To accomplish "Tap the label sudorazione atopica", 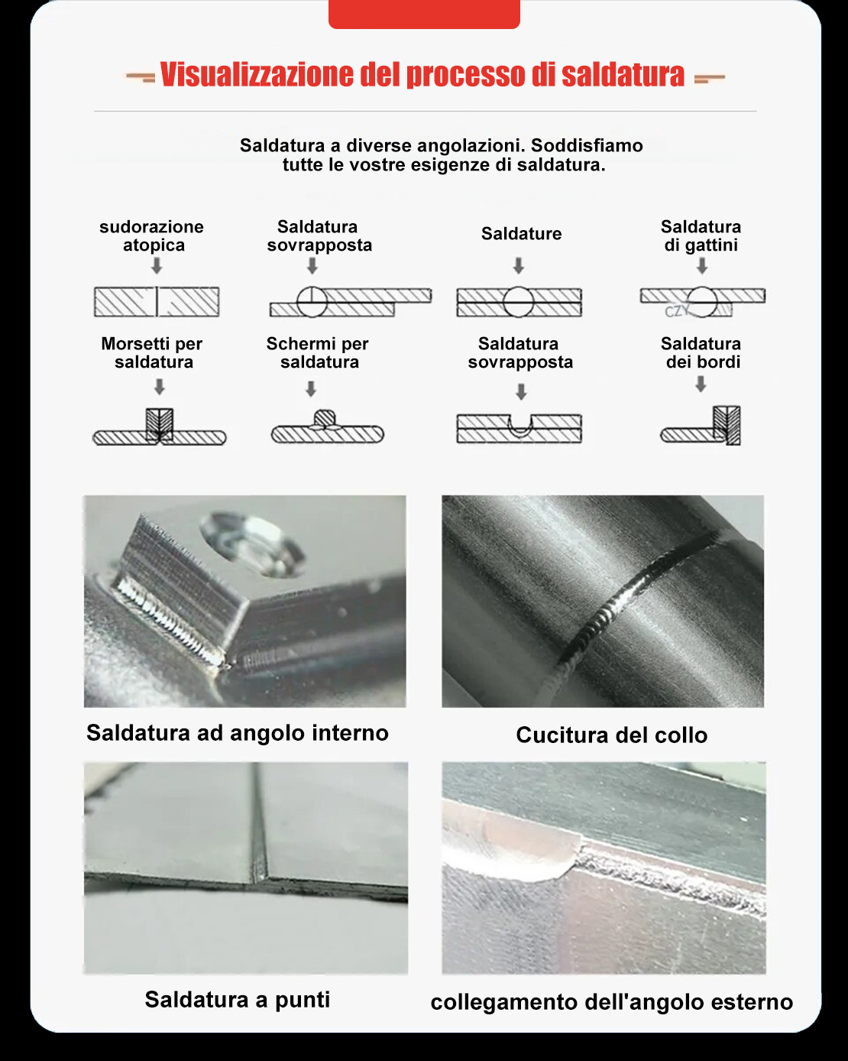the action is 152,235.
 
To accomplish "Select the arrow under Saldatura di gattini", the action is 702,266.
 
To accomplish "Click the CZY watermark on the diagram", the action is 676,312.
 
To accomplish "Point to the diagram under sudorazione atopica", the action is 157,301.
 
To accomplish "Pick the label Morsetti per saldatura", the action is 152,352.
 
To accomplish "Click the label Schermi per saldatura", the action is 318,352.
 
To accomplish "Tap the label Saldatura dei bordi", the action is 701,352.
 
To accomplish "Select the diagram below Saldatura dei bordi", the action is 701,426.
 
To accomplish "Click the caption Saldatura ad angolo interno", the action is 238,733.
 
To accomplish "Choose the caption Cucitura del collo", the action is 611,735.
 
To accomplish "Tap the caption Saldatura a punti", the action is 238,1000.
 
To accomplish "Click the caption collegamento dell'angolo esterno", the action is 611,1002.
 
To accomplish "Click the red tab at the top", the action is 424,15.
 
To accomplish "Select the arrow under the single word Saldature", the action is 519,266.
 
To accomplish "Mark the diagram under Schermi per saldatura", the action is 328,427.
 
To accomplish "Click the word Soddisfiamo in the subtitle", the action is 587,146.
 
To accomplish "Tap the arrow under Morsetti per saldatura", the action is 159,387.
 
